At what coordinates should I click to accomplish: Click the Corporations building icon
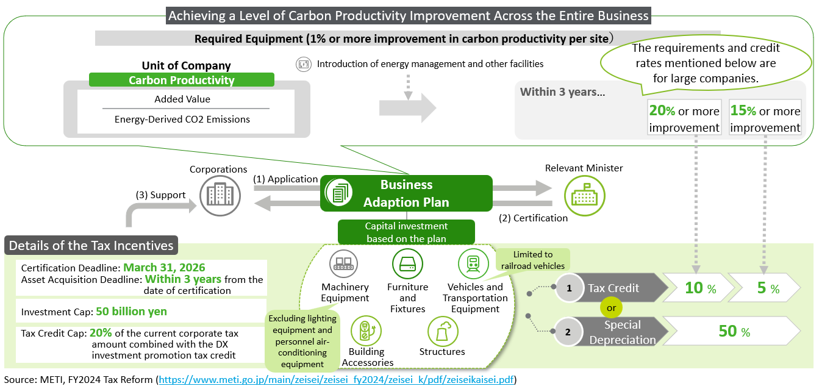[x=220, y=195]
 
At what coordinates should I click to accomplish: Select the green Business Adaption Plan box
[x=406, y=193]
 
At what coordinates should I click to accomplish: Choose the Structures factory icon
[x=442, y=331]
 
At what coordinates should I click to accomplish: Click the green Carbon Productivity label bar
[x=182, y=80]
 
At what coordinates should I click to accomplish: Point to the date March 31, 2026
[x=164, y=268]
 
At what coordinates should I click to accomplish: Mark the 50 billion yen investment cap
[x=131, y=311]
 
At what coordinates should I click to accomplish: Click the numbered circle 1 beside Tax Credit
[x=569, y=288]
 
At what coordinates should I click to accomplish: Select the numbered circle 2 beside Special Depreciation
[x=568, y=332]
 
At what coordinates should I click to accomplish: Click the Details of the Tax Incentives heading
[x=91, y=246]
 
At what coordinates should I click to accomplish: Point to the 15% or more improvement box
[x=765, y=119]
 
